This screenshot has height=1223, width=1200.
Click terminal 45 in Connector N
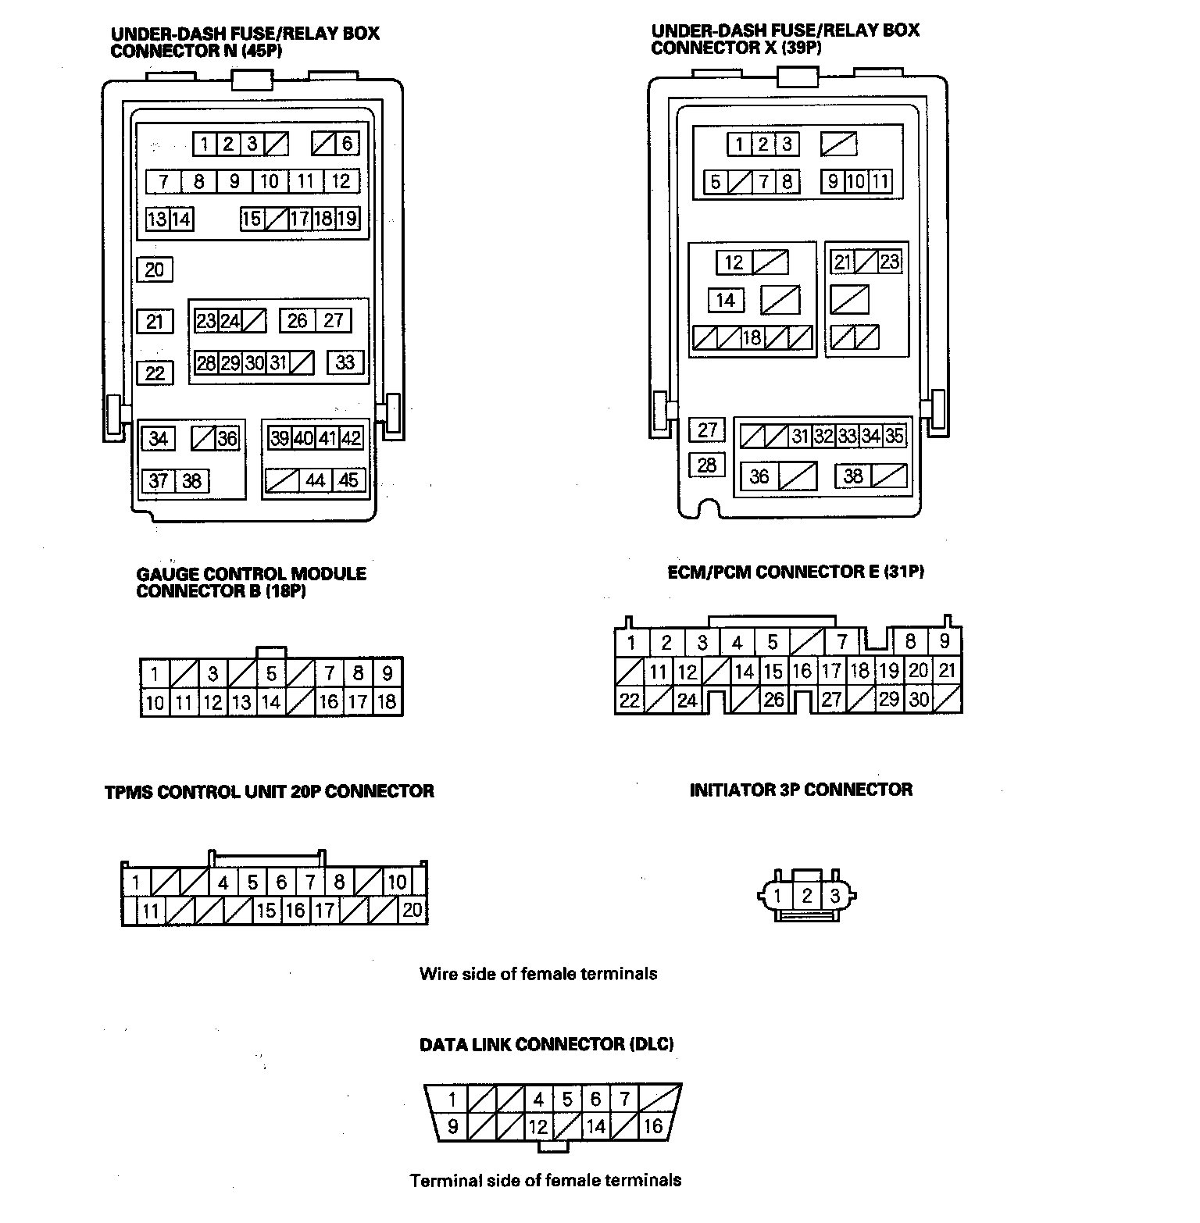348,480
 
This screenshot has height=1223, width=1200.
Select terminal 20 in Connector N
155,269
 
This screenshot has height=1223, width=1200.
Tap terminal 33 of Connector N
345,362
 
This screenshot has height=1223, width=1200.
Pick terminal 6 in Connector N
347,143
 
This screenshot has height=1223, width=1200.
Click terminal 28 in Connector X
707,465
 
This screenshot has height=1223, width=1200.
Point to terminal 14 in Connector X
726,300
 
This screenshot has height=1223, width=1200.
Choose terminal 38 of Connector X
853,476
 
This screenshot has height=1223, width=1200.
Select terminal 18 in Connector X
752,338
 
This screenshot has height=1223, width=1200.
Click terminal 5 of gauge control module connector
271,673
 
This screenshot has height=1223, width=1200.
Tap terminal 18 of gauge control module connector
387,701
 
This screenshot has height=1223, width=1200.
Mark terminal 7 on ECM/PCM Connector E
842,642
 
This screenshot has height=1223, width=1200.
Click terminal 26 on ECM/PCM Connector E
773,699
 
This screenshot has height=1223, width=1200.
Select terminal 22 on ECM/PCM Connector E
630,701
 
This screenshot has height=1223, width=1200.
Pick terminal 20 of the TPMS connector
412,910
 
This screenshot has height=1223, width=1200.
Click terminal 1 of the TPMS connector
136,883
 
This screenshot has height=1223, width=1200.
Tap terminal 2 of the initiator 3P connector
807,896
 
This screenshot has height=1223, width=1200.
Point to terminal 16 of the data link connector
653,1126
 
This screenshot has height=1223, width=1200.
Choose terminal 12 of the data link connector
538,1126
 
